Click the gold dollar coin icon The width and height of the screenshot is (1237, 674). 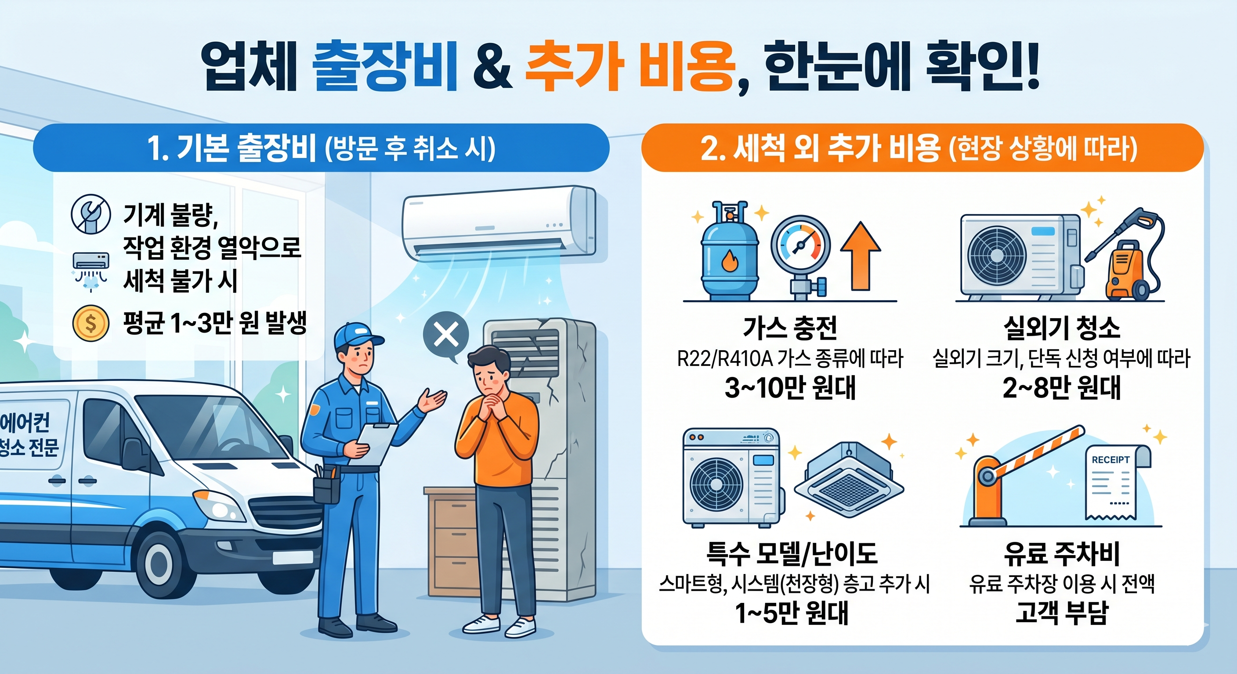pos(90,323)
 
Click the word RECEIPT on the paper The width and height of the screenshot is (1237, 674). pos(1110,459)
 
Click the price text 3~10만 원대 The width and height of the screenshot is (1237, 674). pos(790,387)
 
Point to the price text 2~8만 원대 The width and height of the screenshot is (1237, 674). pos(1061,387)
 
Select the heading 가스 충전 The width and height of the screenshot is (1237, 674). pos(790,328)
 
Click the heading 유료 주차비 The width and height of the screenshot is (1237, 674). pos(1061,554)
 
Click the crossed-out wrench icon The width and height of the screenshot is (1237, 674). pos(91,215)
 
